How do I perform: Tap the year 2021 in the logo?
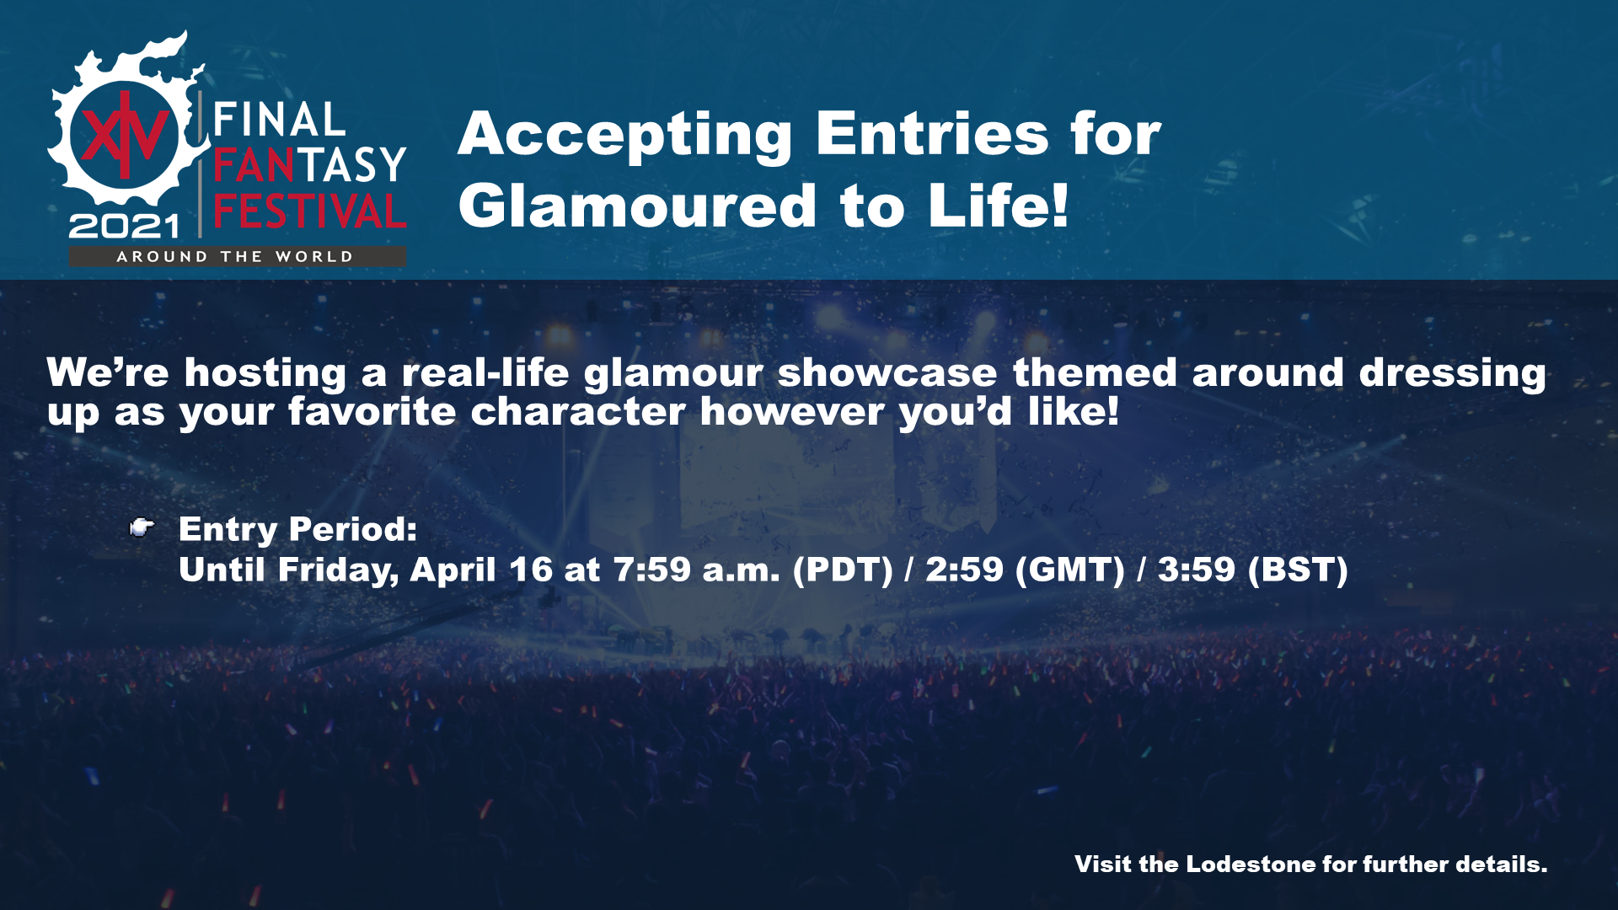pyautogui.click(x=125, y=226)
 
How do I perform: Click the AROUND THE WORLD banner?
pyautogui.click(x=236, y=257)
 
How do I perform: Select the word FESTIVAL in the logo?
pyautogui.click(x=310, y=211)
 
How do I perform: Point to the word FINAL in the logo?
pyautogui.click(x=279, y=120)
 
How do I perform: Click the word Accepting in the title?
pyautogui.click(x=624, y=136)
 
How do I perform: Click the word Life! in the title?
pyautogui.click(x=999, y=206)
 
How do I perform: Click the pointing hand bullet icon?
pyautogui.click(x=142, y=527)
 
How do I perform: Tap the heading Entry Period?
pyautogui.click(x=298, y=530)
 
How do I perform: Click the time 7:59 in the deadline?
pyautogui.click(x=652, y=570)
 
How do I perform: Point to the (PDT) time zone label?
pyautogui.click(x=843, y=570)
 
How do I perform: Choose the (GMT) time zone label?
pyautogui.click(x=1070, y=570)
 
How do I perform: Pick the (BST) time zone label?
pyautogui.click(x=1298, y=570)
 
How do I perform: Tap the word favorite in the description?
pyautogui.click(x=372, y=412)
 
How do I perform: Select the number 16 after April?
pyautogui.click(x=531, y=570)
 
